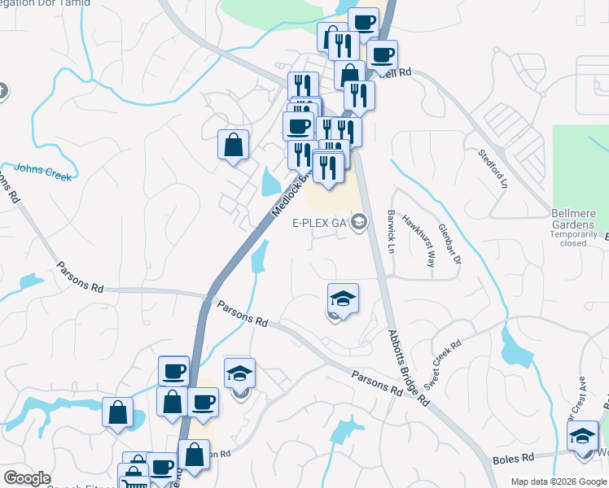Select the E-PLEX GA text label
point(320,223)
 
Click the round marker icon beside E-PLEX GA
point(358,223)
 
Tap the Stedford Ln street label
point(492,168)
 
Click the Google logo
point(27,478)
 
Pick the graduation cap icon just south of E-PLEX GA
point(343,298)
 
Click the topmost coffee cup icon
point(363,22)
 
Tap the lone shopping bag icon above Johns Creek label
point(233,145)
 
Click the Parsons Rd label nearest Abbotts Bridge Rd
point(377,383)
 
